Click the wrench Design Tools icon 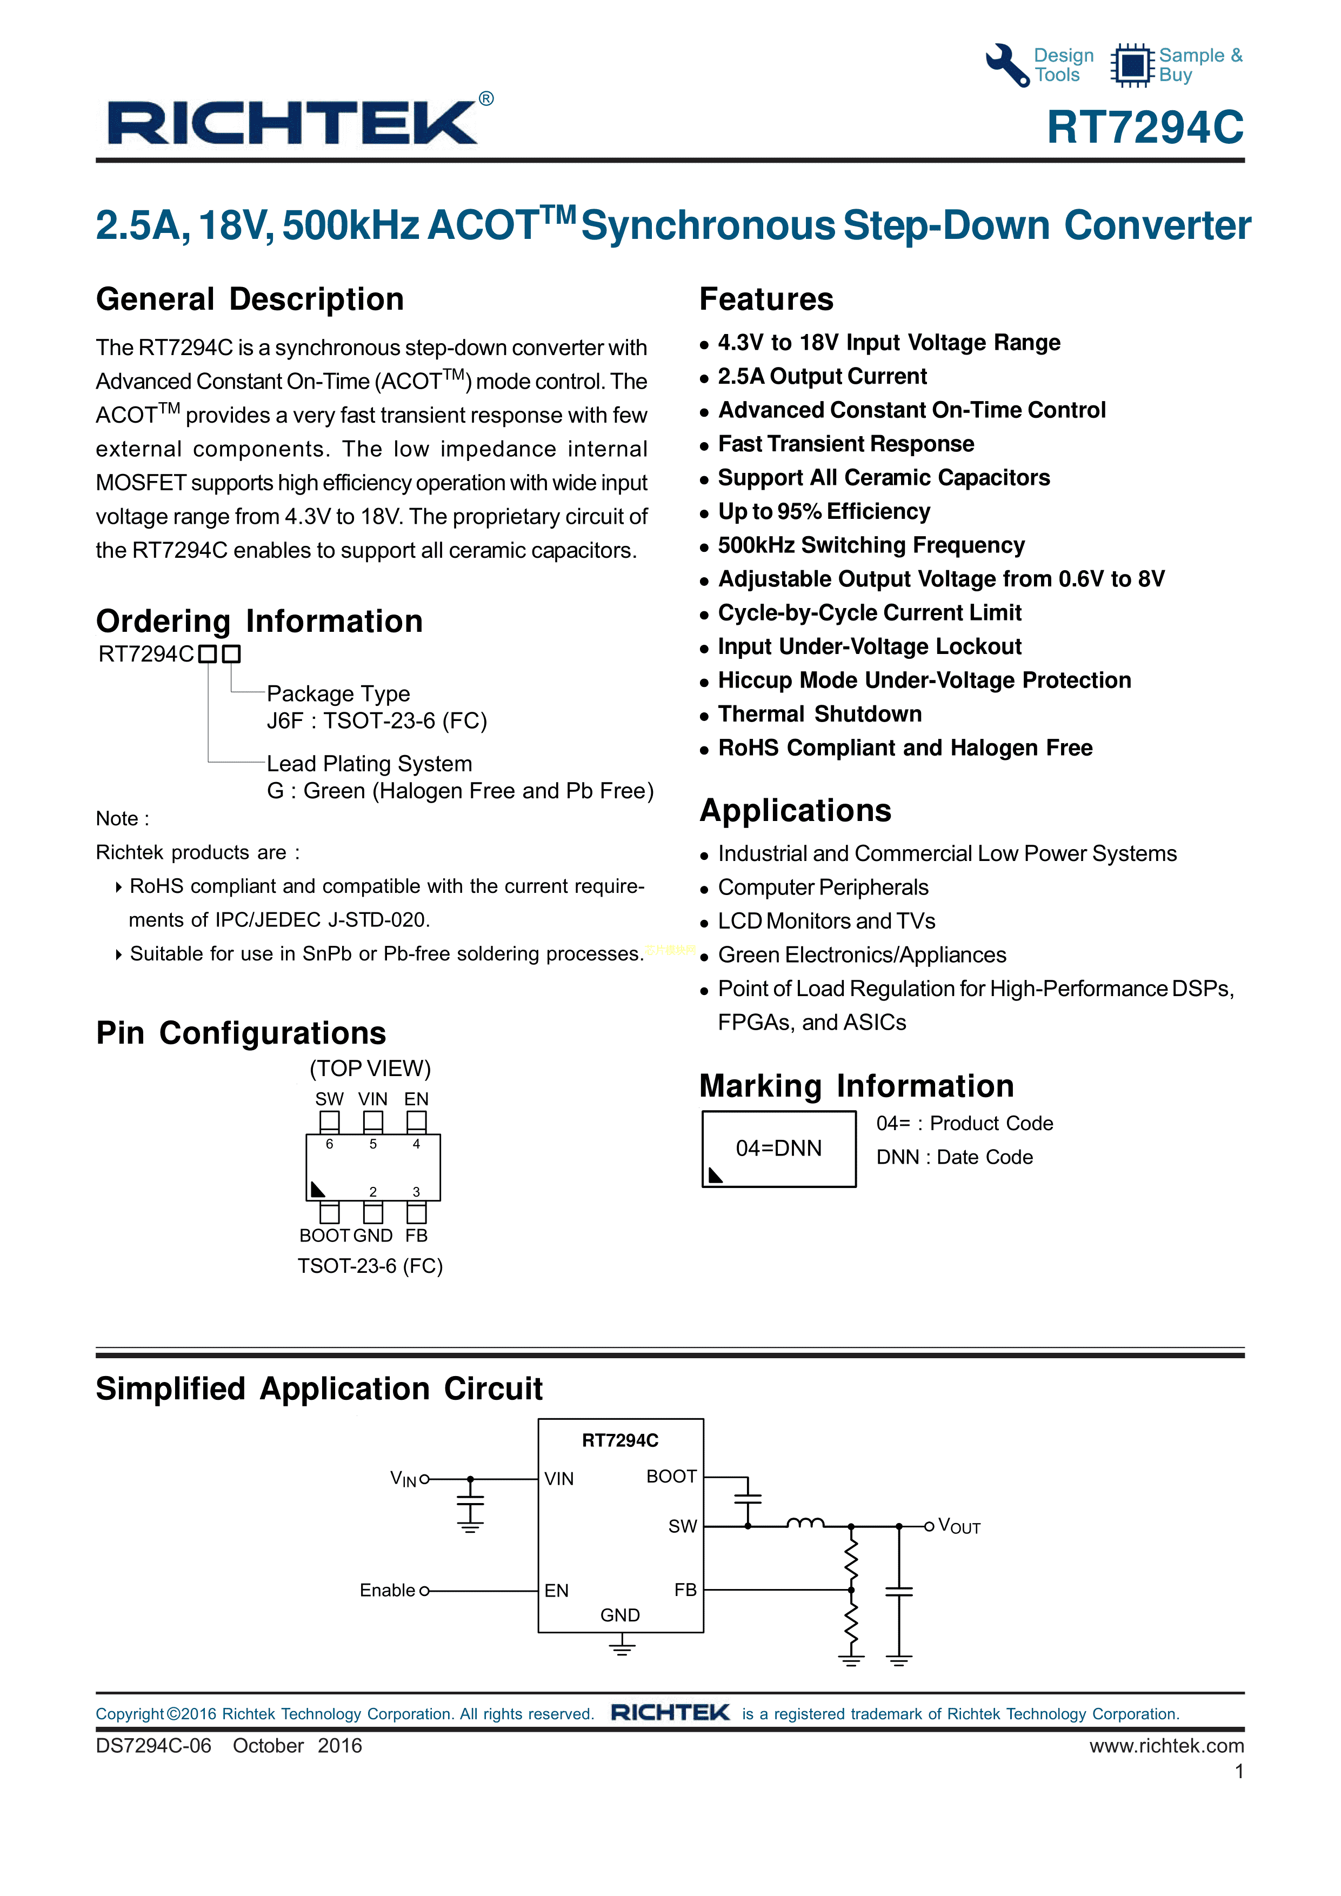click(x=1008, y=64)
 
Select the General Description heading click(x=249, y=299)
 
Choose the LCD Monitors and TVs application click(x=826, y=921)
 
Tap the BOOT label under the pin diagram click(x=324, y=1236)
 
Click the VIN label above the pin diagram click(x=372, y=1099)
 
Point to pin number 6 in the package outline click(x=330, y=1144)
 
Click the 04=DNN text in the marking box click(x=779, y=1148)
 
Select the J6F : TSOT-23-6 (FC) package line click(x=377, y=721)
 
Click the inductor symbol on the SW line click(x=805, y=1524)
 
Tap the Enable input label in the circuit click(x=387, y=1591)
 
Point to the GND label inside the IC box click(x=620, y=1615)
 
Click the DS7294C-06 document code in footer click(x=154, y=1746)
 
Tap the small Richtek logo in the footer click(x=670, y=1713)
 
